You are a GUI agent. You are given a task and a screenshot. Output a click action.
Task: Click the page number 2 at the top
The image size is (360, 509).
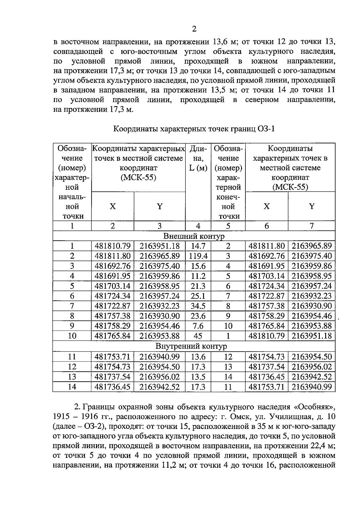(194, 29)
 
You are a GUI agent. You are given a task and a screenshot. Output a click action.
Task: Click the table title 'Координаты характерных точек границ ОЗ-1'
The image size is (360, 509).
(194, 129)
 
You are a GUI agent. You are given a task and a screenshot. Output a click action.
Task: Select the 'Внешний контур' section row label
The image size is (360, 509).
(194, 236)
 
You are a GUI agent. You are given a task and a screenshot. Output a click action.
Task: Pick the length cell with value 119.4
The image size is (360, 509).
(198, 256)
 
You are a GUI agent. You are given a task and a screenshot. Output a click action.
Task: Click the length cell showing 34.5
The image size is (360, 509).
(198, 306)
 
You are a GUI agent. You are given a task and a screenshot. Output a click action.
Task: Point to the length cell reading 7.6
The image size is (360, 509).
(198, 326)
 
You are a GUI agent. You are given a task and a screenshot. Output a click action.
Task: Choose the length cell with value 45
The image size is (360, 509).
(198, 336)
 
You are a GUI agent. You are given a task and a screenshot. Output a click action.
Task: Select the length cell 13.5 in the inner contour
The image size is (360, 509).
(198, 377)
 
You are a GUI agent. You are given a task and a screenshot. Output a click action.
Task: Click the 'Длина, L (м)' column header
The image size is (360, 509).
(198, 158)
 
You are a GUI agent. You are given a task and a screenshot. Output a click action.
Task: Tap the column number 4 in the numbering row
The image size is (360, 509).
(198, 226)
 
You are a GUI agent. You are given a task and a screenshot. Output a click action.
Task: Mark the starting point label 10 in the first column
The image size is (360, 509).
(72, 336)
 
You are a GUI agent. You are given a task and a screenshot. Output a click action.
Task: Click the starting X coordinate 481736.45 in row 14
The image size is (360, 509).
(112, 387)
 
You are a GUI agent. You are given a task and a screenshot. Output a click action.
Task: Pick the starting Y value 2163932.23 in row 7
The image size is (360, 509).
(160, 306)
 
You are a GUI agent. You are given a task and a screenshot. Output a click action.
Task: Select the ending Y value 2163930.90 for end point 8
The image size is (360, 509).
(312, 306)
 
